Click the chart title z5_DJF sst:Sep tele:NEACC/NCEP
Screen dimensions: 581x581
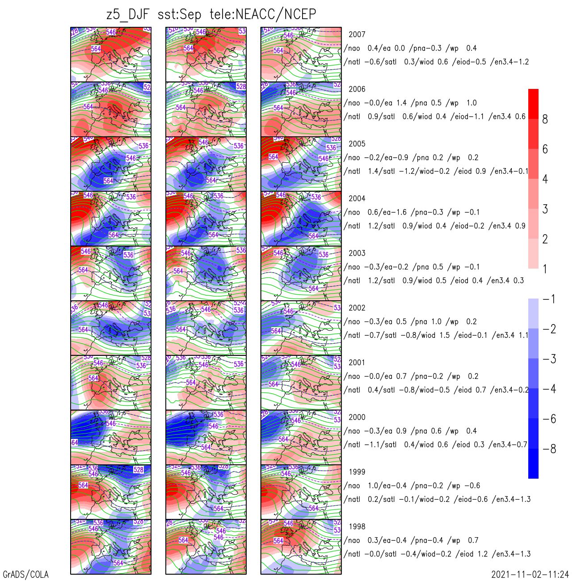click(x=211, y=15)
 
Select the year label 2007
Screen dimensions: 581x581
click(x=357, y=34)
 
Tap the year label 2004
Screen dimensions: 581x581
click(x=357, y=198)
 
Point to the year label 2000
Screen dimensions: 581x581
click(x=357, y=417)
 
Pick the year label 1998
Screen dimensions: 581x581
click(x=357, y=526)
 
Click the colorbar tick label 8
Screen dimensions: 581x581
click(x=545, y=119)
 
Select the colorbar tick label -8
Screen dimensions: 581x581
click(x=549, y=449)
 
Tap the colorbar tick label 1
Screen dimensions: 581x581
click(x=545, y=269)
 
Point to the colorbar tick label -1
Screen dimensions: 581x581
click(x=549, y=299)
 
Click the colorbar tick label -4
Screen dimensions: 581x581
click(x=549, y=389)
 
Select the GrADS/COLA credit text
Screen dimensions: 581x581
click(x=25, y=574)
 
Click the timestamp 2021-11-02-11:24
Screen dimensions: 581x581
click(x=530, y=574)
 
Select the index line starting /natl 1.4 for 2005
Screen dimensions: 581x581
click(x=436, y=171)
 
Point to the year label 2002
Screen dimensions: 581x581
click(x=357, y=308)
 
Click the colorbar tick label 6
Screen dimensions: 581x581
click(x=545, y=149)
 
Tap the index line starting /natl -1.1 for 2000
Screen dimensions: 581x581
click(x=436, y=445)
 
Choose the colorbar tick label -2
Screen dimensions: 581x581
click(x=549, y=329)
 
